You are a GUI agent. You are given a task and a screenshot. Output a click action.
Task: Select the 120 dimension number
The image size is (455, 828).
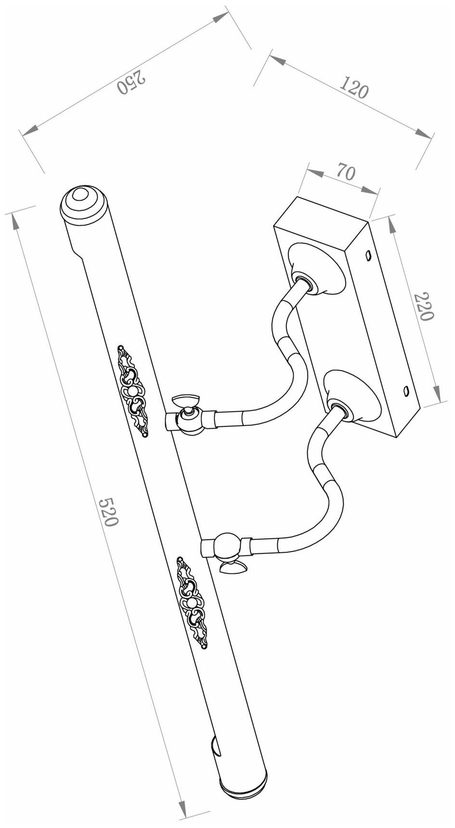(x=354, y=88)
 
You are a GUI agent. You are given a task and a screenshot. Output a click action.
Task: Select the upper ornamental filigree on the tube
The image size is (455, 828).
(x=132, y=391)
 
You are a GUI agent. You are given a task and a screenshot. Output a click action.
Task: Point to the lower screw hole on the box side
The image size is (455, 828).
(x=406, y=390)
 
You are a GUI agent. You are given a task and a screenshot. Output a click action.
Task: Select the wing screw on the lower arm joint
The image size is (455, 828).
(x=232, y=568)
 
